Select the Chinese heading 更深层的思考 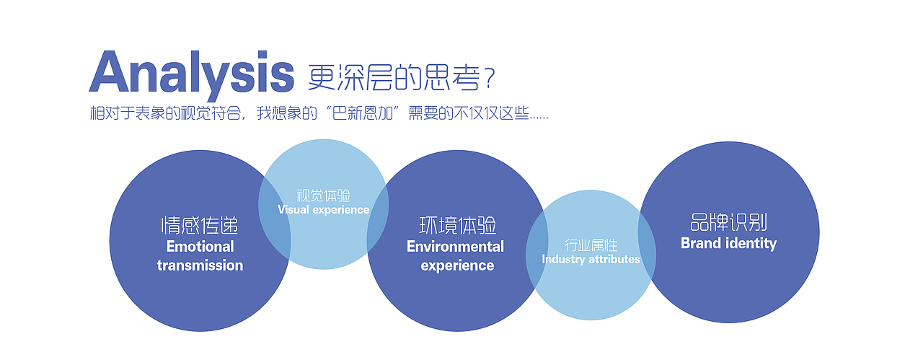pos(394,77)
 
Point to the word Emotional pos(200,247)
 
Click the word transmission pos(200,265)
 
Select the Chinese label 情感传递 pos(200,225)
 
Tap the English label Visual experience pos(324,210)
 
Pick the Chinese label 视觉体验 pos(324,196)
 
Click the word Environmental pos(455,247)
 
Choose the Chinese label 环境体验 pos(457,225)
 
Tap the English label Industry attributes pos(591,260)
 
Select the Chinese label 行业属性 pos(591,245)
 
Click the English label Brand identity pos(728,243)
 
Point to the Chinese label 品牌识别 pos(728,222)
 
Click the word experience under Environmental pos(457,265)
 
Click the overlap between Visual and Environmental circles pos(378,219)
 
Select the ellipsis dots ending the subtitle pos(539,118)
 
